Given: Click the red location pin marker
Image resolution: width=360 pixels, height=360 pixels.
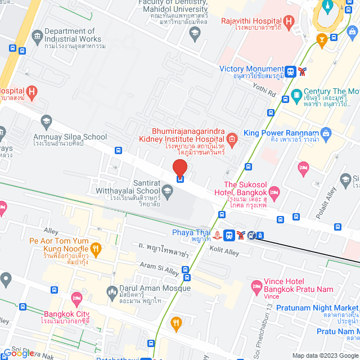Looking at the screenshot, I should coord(179,168).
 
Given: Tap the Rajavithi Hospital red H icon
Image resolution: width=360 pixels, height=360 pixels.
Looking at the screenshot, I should coord(289,23).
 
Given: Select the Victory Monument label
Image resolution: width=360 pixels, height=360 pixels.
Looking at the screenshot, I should coord(250,69).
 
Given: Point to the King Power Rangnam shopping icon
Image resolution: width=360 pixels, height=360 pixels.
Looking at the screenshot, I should coord(327,133).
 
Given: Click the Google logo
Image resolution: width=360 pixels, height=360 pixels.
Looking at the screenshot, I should coord(19,353).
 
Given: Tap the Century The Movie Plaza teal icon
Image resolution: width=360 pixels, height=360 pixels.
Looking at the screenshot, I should coord(296,93).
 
